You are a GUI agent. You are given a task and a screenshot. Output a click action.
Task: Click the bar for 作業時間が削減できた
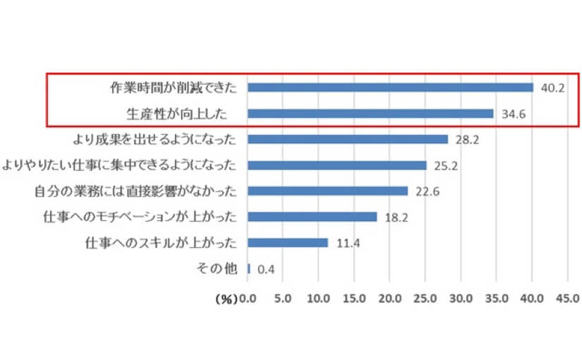tap(390, 88)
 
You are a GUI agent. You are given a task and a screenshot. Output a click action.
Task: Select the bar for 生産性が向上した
tap(370, 114)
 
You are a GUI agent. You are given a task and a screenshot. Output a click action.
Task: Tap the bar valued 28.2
tap(348, 139)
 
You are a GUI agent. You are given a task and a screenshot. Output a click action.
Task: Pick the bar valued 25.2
tap(337, 165)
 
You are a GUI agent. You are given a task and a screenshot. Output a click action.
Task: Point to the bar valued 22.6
tap(328, 191)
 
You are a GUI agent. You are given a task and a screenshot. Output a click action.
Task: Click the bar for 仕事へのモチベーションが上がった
tap(313, 217)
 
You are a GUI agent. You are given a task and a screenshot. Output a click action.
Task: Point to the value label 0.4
tap(265, 269)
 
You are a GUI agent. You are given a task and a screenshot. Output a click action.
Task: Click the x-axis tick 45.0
tap(567, 299)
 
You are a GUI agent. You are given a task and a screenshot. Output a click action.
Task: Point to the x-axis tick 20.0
tap(390, 299)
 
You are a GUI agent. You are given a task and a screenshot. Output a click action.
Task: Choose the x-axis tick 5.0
tap(283, 299)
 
